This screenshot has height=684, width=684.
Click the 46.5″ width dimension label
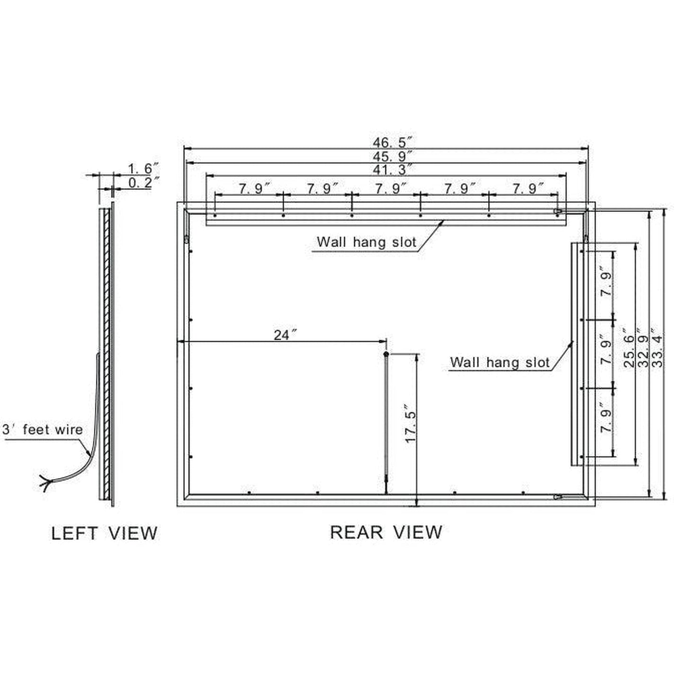[x=393, y=142]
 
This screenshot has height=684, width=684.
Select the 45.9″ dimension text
[x=393, y=156]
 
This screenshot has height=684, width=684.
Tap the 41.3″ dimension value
[x=393, y=169]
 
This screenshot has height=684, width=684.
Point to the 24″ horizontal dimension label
[x=285, y=335]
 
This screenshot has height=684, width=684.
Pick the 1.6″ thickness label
[x=143, y=168]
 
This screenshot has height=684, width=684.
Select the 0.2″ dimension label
[x=143, y=182]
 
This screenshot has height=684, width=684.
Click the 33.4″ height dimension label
[x=657, y=347]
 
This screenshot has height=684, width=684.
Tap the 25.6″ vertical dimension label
[x=629, y=347]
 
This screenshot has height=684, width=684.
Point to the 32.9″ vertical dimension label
[x=643, y=347]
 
